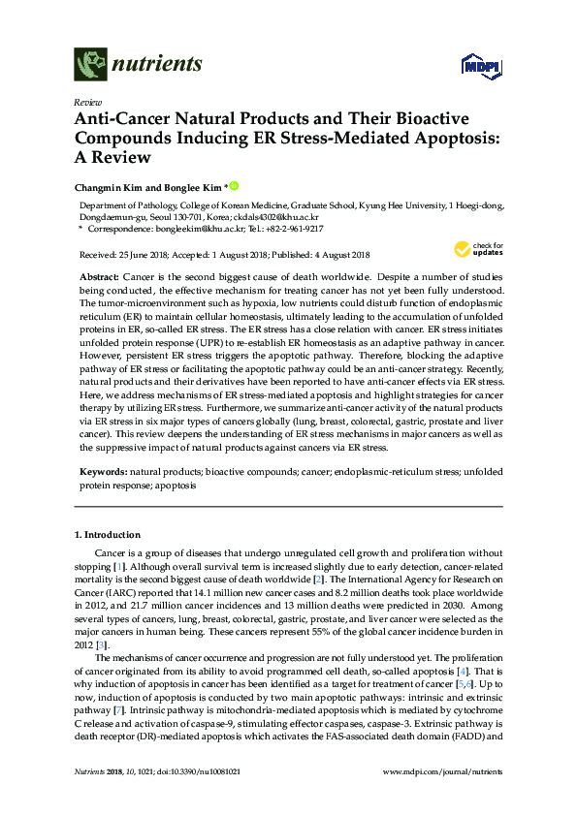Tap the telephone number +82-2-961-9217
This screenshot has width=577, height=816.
294,229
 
